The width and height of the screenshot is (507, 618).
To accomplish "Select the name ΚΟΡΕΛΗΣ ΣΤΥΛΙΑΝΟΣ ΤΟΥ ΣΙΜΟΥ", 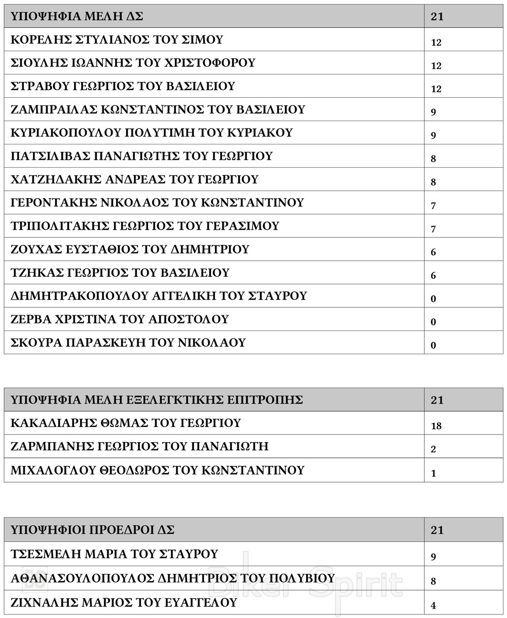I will coord(117,40).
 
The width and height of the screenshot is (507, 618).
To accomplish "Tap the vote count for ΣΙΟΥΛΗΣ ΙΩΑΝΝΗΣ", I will coord(436,66).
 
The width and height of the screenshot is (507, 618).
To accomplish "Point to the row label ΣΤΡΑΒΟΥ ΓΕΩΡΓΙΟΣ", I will coord(123,86).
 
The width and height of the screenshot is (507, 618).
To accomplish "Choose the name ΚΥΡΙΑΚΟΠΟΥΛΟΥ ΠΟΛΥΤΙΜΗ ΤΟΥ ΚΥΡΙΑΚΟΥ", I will coord(152,133).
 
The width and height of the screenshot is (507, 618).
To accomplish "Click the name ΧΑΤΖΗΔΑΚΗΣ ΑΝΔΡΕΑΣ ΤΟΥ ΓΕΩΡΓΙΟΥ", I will coord(134,179).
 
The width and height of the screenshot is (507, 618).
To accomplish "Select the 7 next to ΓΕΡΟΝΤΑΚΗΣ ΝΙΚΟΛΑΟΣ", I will coord(433,206).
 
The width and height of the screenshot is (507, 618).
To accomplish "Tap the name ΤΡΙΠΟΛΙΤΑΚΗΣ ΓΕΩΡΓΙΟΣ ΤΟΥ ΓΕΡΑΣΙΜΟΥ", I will coord(144,226).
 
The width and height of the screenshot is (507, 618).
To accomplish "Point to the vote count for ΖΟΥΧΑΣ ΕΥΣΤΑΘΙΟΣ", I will coord(433,252).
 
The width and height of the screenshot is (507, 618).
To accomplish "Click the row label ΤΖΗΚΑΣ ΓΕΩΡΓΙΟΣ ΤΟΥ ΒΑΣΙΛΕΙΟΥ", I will coord(120,273).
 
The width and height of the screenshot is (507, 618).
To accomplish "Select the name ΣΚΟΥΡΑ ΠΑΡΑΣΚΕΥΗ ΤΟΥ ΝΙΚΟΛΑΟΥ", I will coord(128,343).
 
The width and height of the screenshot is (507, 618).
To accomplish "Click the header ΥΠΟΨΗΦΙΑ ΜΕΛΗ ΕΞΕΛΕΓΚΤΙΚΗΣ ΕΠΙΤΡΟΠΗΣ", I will coord(157,399).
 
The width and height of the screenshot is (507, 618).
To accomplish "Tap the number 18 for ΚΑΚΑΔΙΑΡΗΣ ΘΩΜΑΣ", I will coord(436,426).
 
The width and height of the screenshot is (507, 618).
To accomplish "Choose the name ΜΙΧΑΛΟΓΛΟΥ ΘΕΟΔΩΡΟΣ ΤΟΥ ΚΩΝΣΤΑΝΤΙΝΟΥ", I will coord(157,470).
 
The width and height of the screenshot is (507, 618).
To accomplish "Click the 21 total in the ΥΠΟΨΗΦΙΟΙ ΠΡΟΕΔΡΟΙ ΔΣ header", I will coord(437,530).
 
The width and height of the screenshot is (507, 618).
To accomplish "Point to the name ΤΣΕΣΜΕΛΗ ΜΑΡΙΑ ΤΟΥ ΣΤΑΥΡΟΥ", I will coord(114,554).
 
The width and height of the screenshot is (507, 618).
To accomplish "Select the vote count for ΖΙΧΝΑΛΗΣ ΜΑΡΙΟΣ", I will coord(433,605).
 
